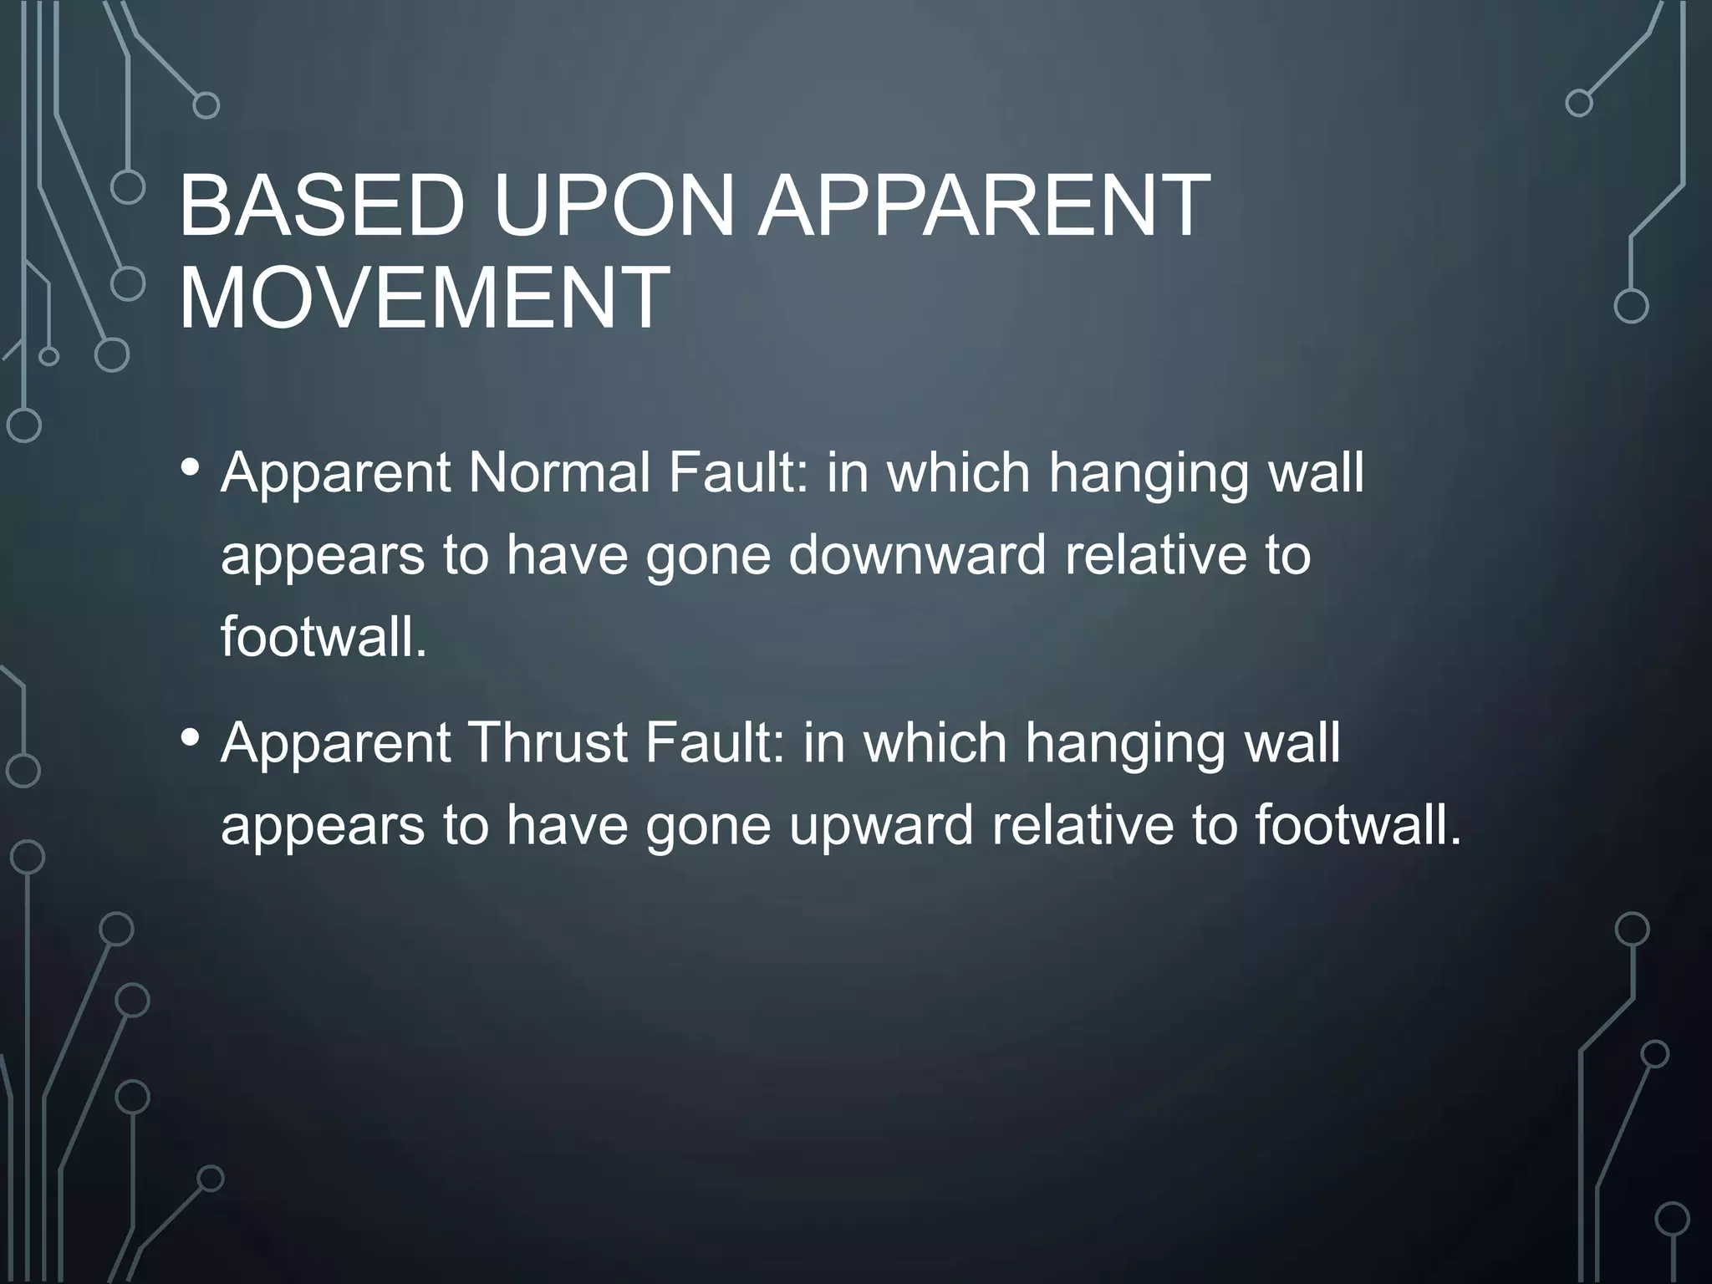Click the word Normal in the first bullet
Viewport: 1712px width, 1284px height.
click(x=559, y=473)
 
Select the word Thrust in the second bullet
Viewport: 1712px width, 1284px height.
click(x=547, y=743)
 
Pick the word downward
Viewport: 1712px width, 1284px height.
click(x=917, y=555)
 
